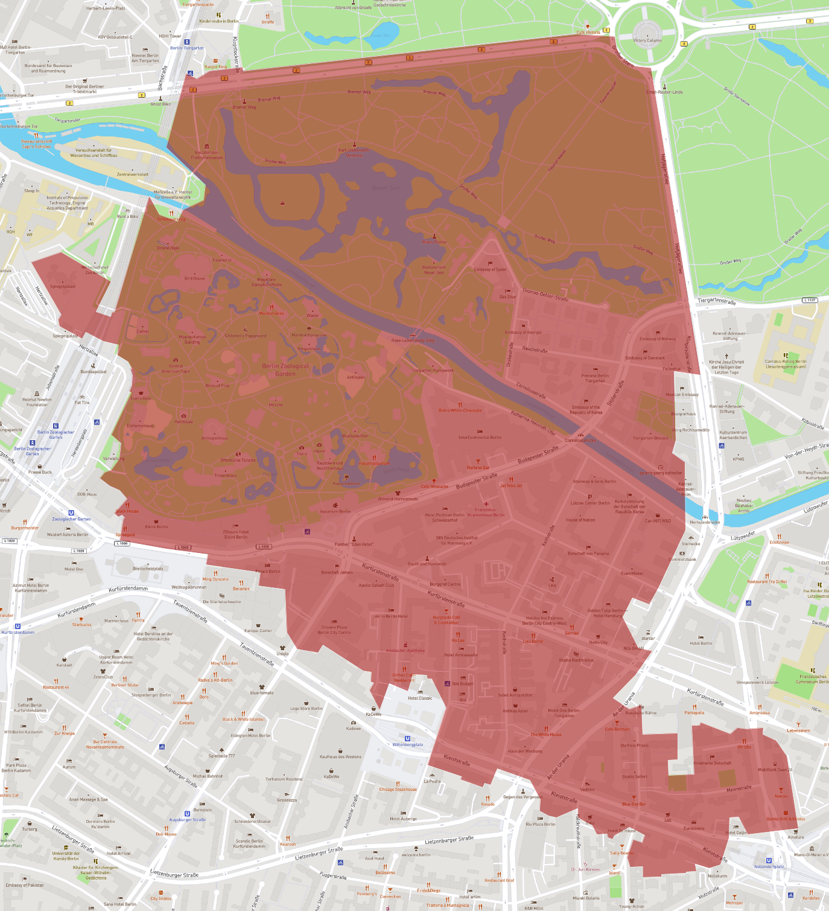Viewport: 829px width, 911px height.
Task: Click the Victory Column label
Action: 647,40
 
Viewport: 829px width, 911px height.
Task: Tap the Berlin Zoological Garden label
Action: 285,369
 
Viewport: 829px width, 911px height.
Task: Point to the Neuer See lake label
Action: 385,188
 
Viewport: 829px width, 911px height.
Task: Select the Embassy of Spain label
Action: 490,269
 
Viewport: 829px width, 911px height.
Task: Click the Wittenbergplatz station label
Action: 408,744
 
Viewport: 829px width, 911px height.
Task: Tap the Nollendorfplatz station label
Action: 769,866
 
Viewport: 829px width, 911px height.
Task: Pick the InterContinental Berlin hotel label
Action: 480,437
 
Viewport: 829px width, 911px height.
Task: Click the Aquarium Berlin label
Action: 335,511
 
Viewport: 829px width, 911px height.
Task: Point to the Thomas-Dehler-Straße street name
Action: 545,295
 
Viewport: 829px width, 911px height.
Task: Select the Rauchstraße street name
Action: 535,350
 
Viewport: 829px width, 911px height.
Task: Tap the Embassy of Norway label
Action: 658,339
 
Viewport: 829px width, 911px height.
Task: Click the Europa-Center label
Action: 258,630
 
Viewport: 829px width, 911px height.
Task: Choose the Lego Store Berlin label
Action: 307,708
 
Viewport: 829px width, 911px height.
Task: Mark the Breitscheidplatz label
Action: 148,569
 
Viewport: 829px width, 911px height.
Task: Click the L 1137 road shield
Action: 810,300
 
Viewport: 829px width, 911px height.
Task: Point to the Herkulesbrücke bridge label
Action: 705,522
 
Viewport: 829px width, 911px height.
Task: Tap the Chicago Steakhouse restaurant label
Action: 398,789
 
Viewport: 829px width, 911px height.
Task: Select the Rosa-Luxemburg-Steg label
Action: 413,340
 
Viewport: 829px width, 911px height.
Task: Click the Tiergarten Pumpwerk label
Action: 433,370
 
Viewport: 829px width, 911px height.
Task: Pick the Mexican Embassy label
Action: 682,394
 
